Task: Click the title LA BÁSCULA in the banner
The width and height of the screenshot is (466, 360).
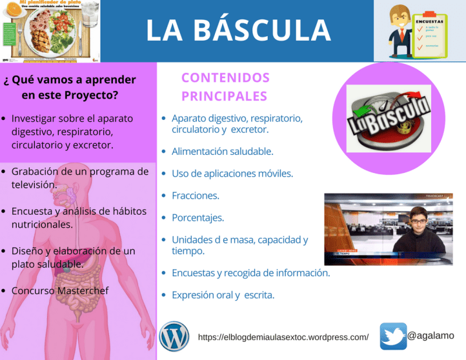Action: point(238,30)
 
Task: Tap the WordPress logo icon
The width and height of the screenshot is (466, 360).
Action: point(174,336)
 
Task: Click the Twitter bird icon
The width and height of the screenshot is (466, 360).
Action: point(393,336)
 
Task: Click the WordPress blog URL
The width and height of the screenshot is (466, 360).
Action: point(283,337)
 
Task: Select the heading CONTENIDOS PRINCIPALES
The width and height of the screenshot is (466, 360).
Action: point(225,86)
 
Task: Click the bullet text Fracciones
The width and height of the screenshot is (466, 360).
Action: point(195,195)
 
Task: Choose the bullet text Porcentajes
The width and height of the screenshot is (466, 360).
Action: point(198,217)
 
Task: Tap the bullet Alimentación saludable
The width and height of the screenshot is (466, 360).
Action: point(222,152)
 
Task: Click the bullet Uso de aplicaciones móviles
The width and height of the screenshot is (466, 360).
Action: point(232,174)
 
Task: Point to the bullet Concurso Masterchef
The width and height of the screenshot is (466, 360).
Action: point(60,291)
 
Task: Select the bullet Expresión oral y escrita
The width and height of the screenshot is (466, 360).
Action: point(223,295)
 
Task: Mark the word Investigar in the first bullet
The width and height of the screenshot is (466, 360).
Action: point(35,119)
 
